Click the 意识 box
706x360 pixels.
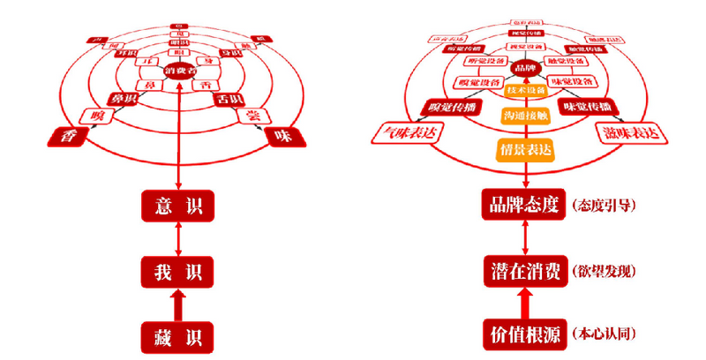tap(178, 207)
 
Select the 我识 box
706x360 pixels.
tap(178, 270)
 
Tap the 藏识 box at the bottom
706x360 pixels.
tap(178, 335)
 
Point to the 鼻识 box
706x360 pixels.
tap(122, 100)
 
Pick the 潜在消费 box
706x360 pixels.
tap(524, 270)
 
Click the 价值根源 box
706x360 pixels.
tap(524, 334)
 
